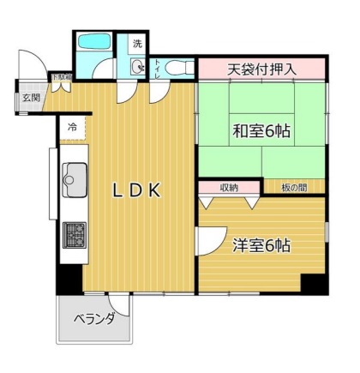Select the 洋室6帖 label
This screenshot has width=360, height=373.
[261, 245]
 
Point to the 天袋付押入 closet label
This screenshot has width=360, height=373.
[261, 68]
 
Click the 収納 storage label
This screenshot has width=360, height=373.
[228, 187]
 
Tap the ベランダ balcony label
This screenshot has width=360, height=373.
[93, 319]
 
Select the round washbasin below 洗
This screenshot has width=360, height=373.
[138, 67]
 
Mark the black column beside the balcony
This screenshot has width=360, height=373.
[68, 279]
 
